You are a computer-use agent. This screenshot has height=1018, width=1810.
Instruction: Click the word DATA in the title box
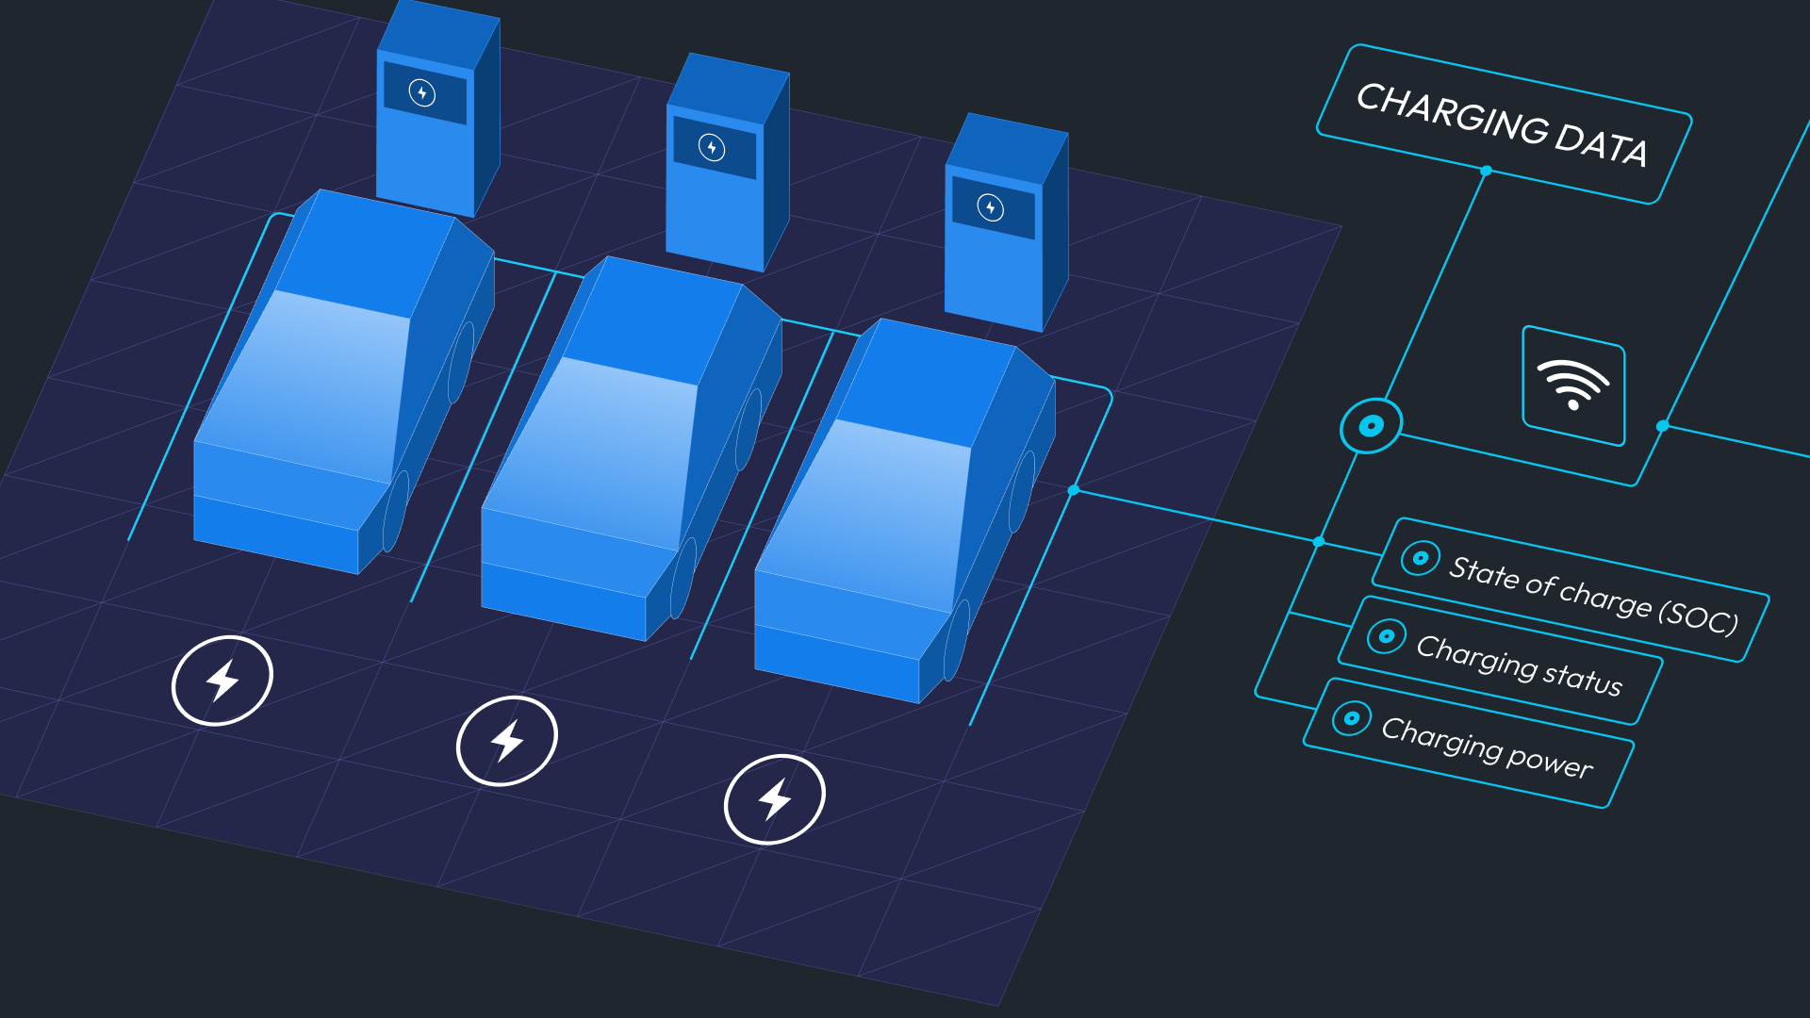click(1601, 145)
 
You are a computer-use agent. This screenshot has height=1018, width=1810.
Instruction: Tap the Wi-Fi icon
click(1573, 384)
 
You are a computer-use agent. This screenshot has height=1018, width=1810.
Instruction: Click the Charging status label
click(1520, 665)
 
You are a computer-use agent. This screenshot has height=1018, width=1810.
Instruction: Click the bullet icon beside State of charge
click(1421, 558)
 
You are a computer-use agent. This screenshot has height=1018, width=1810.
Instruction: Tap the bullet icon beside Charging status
click(1387, 636)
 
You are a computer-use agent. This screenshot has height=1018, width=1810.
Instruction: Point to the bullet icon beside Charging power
click(1352, 718)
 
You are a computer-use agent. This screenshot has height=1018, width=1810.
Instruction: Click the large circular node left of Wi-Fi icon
click(1372, 426)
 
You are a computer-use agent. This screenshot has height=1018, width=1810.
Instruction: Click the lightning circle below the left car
click(222, 681)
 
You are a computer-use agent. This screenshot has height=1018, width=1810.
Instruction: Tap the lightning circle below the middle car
click(507, 741)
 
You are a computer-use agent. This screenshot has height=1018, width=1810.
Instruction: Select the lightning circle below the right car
click(775, 799)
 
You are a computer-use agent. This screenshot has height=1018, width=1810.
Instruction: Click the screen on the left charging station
click(425, 93)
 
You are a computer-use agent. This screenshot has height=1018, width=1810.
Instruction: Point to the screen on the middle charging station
click(715, 148)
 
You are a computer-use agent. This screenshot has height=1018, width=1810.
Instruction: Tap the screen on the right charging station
click(994, 207)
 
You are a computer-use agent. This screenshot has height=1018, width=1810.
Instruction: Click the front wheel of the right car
click(956, 641)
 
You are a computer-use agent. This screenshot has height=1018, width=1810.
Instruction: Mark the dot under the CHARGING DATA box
click(1487, 171)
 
